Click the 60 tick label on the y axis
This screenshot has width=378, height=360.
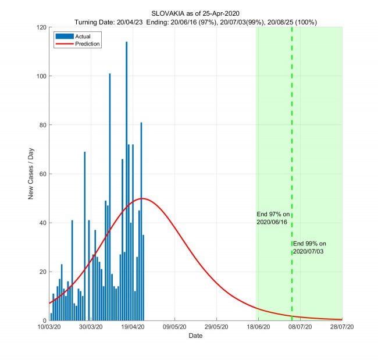pyautogui.click(x=42, y=174)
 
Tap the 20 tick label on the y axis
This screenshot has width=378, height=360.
pyautogui.click(x=42, y=272)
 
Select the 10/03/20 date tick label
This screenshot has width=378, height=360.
pyautogui.click(x=50, y=328)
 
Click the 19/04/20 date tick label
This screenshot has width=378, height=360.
pyautogui.click(x=133, y=328)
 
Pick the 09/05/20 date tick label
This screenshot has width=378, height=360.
pyautogui.click(x=174, y=328)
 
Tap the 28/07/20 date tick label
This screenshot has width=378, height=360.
pyautogui.click(x=341, y=328)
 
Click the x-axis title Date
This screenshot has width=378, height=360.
pyautogui.click(x=195, y=336)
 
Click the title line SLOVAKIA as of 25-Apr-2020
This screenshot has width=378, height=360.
pyautogui.click(x=195, y=13)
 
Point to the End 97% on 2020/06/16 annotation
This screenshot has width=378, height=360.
pyautogui.click(x=273, y=218)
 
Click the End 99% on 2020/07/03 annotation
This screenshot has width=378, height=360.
pyautogui.click(x=309, y=247)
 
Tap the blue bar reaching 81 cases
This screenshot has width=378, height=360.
pyautogui.click(x=141, y=221)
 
